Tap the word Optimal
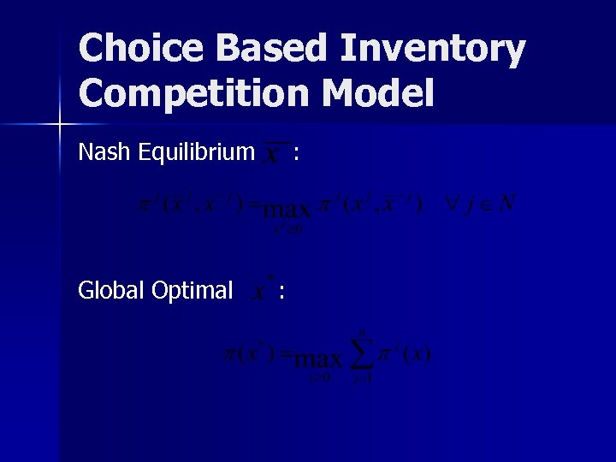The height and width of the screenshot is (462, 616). tap(192, 291)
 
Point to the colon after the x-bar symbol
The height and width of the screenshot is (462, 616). tap(296, 154)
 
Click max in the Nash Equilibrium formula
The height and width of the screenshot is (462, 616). tap(287, 208)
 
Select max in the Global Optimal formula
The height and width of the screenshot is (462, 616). tap(322, 357)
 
